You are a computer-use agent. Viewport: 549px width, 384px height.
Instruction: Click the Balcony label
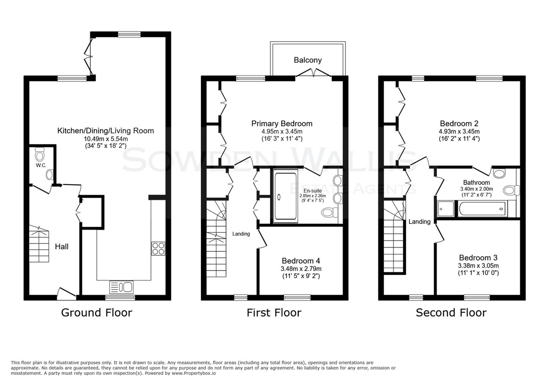pyautogui.click(x=307, y=60)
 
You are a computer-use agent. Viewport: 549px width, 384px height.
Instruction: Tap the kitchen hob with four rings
pyautogui.click(x=158, y=249)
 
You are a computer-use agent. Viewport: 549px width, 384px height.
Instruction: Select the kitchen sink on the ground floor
pyautogui.click(x=121, y=287)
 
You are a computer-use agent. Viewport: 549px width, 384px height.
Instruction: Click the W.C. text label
pyautogui.click(x=41, y=166)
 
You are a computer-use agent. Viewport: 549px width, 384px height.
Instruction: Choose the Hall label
pyautogui.click(x=61, y=247)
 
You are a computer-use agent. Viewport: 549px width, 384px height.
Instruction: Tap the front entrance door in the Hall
pyautogui.click(x=67, y=294)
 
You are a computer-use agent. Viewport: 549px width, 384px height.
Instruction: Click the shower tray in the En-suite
pyautogui.click(x=285, y=196)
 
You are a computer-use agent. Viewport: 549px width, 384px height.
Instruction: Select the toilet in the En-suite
pyautogui.click(x=330, y=212)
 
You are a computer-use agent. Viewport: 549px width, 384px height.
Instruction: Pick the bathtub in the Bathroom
pyautogui.click(x=483, y=209)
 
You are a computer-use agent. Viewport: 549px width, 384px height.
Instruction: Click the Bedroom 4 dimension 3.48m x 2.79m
pyautogui.click(x=301, y=269)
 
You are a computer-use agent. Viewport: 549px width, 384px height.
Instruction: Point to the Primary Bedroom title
pyautogui.click(x=282, y=124)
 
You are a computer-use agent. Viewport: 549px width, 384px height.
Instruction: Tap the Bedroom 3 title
pyautogui.click(x=478, y=258)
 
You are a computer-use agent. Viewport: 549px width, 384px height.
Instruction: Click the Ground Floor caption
pyautogui.click(x=97, y=313)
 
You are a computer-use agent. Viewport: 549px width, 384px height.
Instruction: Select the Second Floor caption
pyautogui.click(x=451, y=313)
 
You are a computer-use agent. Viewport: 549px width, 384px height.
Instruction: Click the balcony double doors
pyautogui.click(x=313, y=73)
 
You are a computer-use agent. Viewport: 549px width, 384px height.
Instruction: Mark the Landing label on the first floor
pyautogui.click(x=241, y=234)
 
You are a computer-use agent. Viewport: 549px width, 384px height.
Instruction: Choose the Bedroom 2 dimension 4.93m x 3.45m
pyautogui.click(x=459, y=131)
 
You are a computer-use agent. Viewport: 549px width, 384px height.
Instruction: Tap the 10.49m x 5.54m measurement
pyautogui.click(x=106, y=139)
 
